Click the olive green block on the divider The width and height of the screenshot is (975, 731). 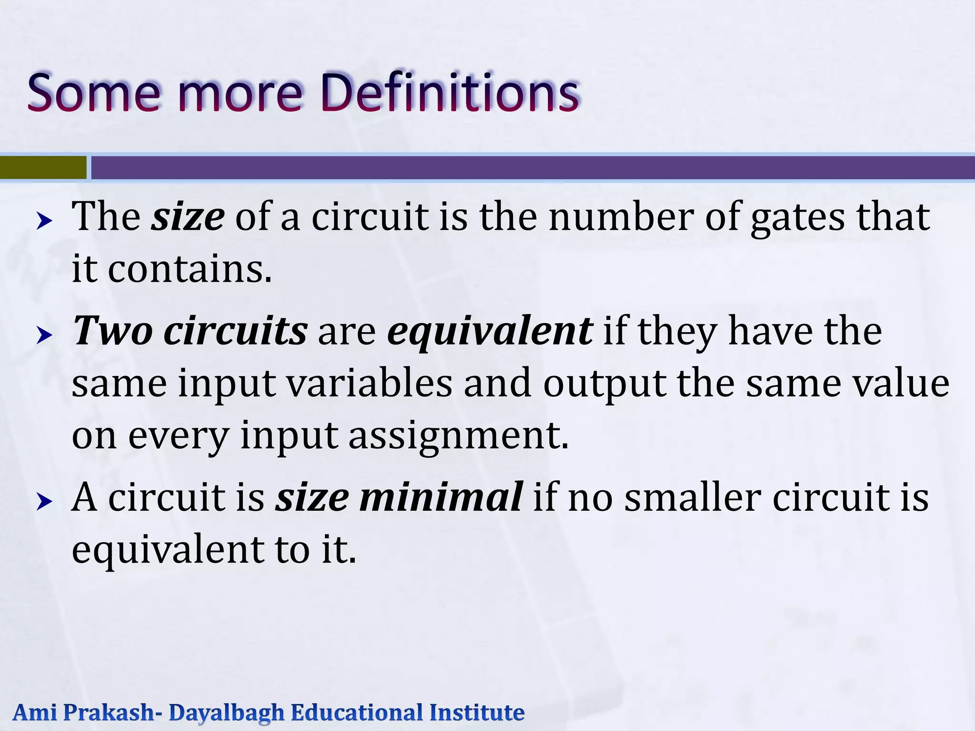point(43,168)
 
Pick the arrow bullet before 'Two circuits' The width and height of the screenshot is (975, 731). point(44,336)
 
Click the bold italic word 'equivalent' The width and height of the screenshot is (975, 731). point(490,331)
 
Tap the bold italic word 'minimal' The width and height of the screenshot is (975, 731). point(441,497)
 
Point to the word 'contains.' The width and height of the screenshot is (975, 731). point(190,269)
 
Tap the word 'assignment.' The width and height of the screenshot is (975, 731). point(458,436)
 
